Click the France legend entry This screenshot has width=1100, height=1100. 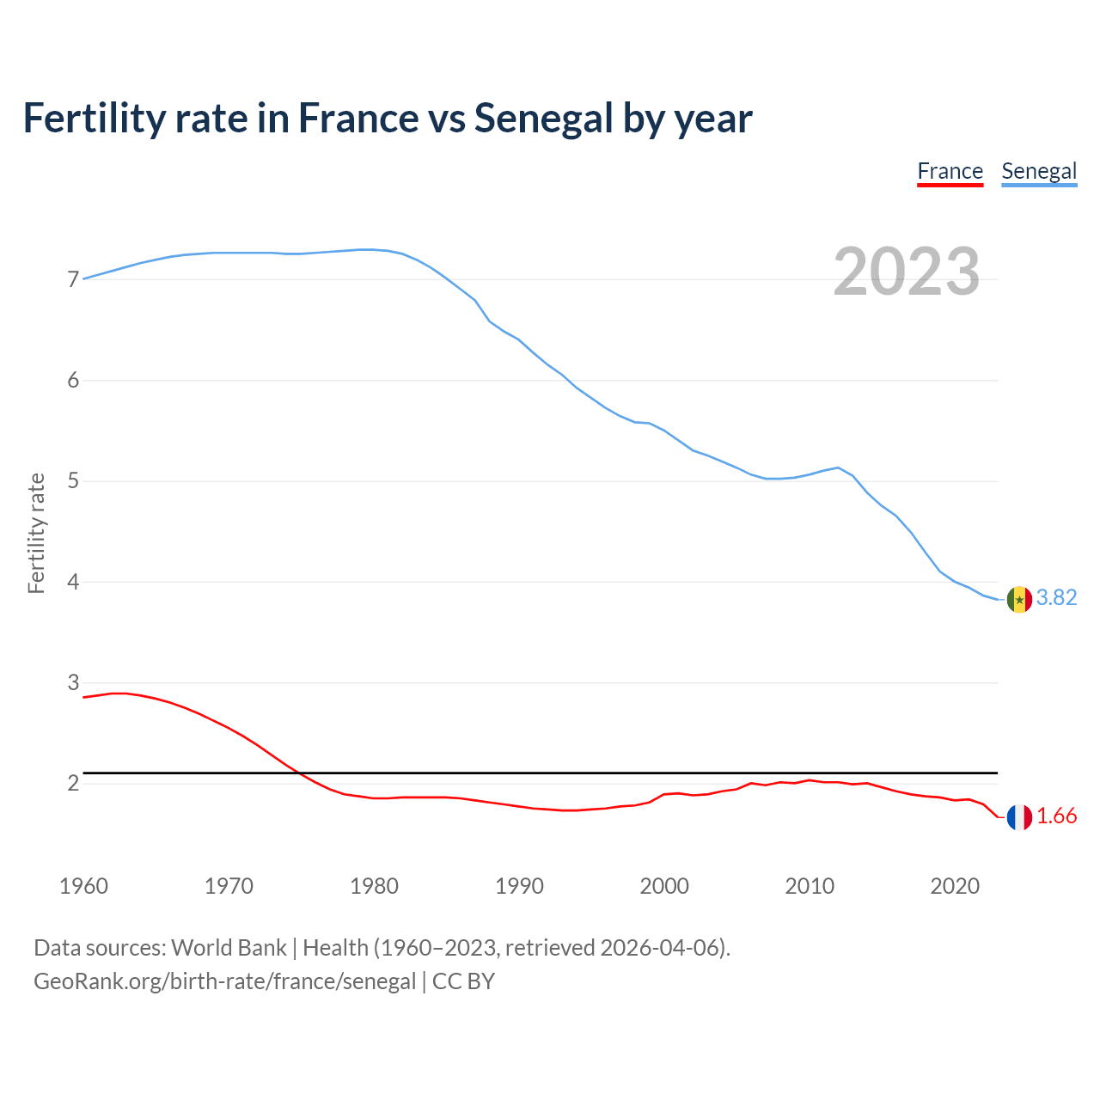[950, 171]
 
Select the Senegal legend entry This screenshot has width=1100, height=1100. [1039, 171]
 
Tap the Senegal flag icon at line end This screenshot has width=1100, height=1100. [1019, 599]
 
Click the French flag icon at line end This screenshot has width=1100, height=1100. [1019, 817]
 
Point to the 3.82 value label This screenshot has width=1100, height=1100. [1056, 597]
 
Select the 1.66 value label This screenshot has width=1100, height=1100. [1056, 816]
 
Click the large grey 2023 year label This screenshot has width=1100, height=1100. [907, 272]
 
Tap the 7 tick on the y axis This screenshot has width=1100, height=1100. [73, 279]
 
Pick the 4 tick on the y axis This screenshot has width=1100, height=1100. [73, 582]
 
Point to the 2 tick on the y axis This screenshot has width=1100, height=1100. [73, 784]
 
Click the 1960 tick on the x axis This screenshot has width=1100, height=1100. [83, 886]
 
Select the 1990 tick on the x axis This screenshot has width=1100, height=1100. [519, 886]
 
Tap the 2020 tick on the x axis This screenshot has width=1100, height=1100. [955, 886]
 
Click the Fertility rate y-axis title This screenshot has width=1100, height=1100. [36, 533]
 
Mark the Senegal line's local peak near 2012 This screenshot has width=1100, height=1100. [838, 467]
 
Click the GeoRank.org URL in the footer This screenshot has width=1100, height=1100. [224, 981]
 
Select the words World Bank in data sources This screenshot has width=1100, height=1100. [229, 948]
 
